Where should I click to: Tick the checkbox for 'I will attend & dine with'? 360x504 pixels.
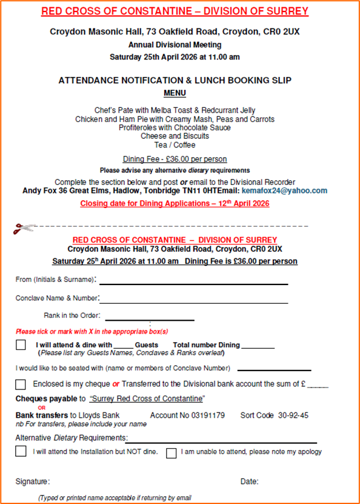pos(21,345)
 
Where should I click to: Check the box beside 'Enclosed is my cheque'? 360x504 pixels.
pos(21,384)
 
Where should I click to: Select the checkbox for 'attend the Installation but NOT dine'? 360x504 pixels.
pos(21,451)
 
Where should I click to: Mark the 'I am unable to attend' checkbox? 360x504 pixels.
pos(172,452)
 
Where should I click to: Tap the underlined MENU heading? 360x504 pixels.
pos(175,93)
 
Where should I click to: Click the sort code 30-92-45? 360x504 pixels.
pos(293,415)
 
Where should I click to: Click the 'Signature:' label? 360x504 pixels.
pos(33,482)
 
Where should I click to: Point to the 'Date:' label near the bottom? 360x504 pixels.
pos(249,482)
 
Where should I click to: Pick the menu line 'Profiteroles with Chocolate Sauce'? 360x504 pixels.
pos(175,128)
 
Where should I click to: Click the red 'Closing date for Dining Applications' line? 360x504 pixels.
pos(175,204)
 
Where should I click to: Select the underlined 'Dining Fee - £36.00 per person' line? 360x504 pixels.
pos(175,160)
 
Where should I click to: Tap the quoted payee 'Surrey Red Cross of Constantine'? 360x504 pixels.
pos(147,398)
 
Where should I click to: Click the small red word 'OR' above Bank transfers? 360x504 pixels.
pos(42,408)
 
